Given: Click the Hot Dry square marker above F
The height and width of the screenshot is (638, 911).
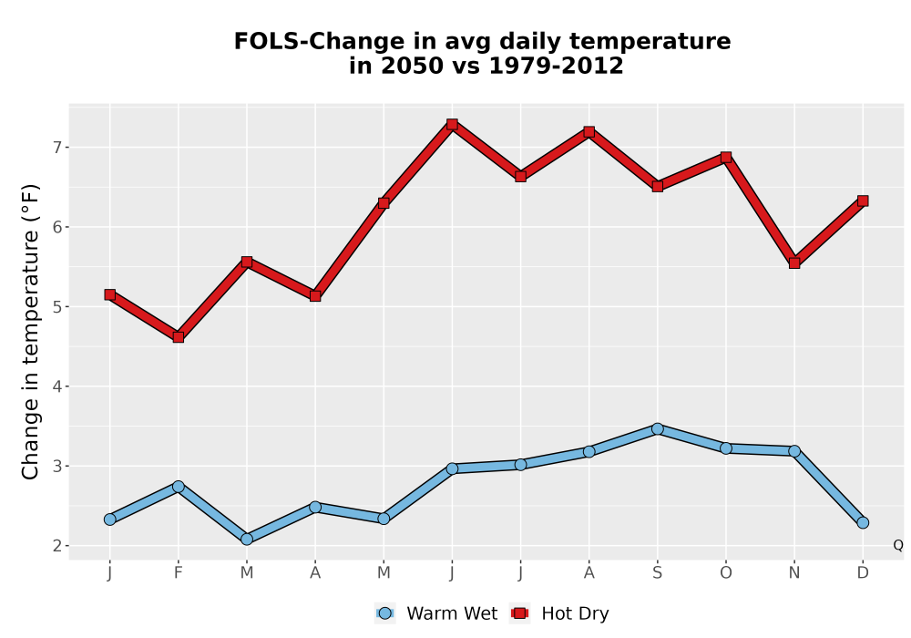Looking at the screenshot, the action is click(x=179, y=337).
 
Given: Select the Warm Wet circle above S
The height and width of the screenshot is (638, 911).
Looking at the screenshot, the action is click(x=657, y=428).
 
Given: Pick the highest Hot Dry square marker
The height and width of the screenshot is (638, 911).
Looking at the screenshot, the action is click(x=452, y=124).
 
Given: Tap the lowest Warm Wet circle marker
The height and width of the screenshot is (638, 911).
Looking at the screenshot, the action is click(x=247, y=539).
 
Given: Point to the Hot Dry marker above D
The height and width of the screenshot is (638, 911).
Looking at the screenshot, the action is click(x=863, y=201).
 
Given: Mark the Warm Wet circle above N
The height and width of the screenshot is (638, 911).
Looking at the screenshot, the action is click(x=794, y=451).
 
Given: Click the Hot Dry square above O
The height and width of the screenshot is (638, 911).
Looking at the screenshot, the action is click(x=726, y=158).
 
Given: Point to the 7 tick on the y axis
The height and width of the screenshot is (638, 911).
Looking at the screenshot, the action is click(x=56, y=148).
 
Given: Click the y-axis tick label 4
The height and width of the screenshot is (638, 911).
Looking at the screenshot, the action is click(x=56, y=386).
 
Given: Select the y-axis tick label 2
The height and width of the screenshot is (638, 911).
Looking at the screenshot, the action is click(x=56, y=546).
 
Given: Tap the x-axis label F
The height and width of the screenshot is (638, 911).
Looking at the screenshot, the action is click(x=179, y=573).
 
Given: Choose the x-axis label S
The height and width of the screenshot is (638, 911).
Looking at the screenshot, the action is click(x=657, y=573).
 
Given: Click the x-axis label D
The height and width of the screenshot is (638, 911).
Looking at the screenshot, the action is click(x=863, y=573).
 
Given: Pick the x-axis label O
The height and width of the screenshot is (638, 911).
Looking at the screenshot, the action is click(x=726, y=573).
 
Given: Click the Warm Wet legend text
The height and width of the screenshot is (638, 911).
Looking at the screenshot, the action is click(x=452, y=613).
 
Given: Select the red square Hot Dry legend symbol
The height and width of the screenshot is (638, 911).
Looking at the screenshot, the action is click(x=520, y=613).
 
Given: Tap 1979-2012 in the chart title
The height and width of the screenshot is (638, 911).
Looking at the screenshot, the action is click(x=556, y=66).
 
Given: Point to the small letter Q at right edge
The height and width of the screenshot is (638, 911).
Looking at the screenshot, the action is click(x=898, y=545).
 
